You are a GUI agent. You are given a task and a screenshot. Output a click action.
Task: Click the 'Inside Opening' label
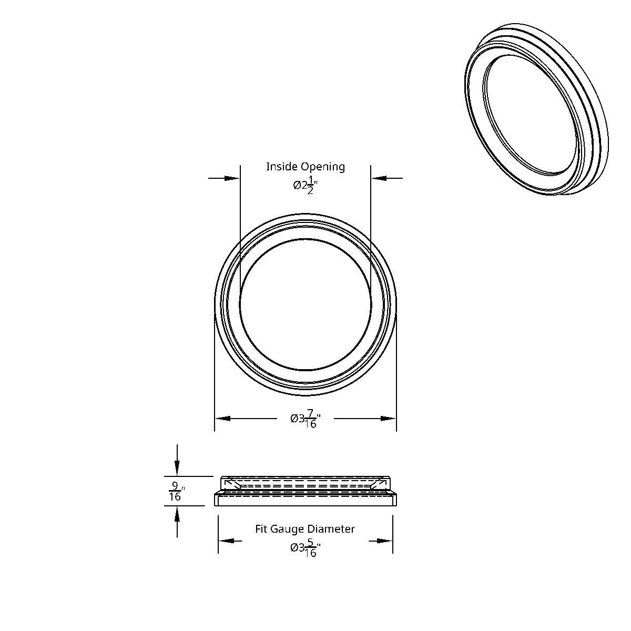click(x=306, y=167)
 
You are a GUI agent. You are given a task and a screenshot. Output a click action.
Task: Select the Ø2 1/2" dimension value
click(x=306, y=186)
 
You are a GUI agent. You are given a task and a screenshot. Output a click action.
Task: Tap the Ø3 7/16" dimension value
click(x=306, y=419)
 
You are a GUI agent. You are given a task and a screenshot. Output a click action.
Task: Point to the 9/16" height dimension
click(x=175, y=491)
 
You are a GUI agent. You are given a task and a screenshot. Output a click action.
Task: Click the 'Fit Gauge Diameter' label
click(x=305, y=529)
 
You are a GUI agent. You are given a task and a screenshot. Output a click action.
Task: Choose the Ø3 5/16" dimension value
click(x=306, y=548)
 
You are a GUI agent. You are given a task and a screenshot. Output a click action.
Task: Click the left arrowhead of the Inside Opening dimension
click(x=232, y=178)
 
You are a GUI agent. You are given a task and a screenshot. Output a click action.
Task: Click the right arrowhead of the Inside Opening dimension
click(x=379, y=178)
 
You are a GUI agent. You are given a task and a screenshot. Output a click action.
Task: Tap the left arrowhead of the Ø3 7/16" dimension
click(x=223, y=419)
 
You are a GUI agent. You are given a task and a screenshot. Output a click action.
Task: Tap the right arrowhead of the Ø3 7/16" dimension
click(x=388, y=419)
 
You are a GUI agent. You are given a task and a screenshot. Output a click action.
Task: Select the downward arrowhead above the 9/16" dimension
click(x=177, y=467)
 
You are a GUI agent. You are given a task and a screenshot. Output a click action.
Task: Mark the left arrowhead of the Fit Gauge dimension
click(x=227, y=541)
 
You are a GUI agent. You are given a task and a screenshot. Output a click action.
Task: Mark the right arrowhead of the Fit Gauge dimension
click(x=384, y=541)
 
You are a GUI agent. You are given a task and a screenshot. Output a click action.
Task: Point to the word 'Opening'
click(x=323, y=167)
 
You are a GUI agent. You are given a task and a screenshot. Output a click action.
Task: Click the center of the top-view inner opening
click(x=306, y=305)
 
